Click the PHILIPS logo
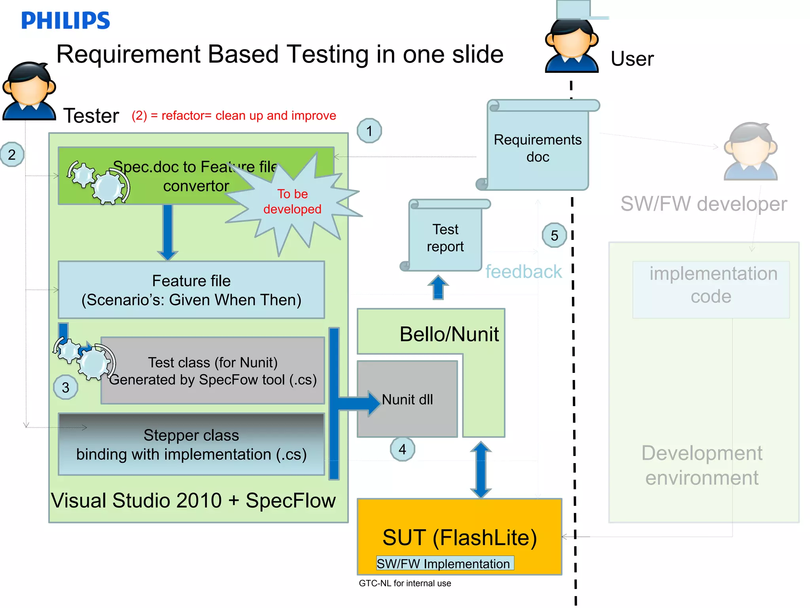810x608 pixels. coord(65,20)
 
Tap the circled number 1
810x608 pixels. coord(369,131)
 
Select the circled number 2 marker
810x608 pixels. coord(12,154)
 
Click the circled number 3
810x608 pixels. coord(66,387)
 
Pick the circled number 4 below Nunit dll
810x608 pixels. coord(402,449)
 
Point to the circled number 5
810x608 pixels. coord(555,236)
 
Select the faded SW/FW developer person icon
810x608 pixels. coord(750,152)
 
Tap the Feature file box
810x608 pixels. coord(191,290)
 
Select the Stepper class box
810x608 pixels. coord(191,444)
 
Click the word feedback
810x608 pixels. coord(523,272)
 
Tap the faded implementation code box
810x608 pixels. coord(711,289)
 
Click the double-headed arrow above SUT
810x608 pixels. coord(481,470)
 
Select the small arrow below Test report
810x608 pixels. coord(438,287)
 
